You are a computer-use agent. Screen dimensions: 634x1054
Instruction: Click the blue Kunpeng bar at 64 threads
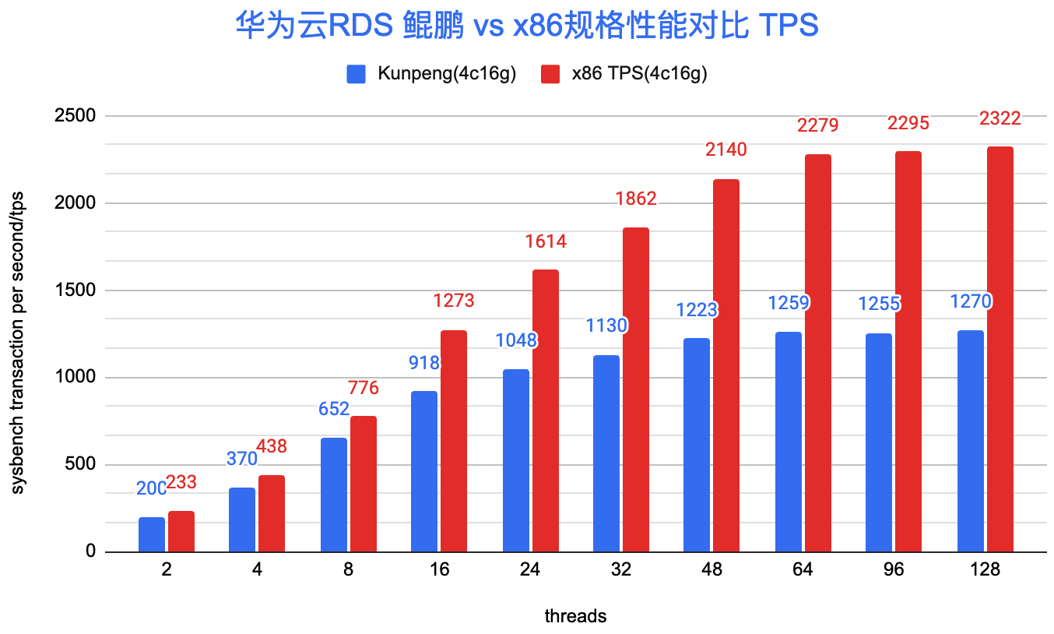tap(788, 442)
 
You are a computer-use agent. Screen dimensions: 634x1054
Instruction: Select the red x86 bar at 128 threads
tap(1000, 349)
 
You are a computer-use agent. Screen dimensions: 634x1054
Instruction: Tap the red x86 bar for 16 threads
tap(453, 441)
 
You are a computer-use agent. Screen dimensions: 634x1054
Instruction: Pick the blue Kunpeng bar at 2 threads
tap(151, 534)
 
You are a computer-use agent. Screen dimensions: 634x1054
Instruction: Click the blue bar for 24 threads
tap(515, 460)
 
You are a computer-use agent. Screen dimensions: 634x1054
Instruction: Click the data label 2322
tap(1000, 119)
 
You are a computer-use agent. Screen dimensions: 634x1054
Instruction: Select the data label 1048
tap(515, 340)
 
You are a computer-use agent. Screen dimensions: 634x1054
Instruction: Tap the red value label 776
tap(363, 388)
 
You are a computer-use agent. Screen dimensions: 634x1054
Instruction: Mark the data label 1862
tap(635, 199)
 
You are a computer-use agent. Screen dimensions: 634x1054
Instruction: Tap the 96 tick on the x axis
tap(894, 570)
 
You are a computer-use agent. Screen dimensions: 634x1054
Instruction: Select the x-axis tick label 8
tap(348, 570)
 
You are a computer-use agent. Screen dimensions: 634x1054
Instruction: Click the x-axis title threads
tap(574, 617)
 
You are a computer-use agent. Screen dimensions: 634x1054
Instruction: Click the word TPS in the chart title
tap(789, 26)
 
